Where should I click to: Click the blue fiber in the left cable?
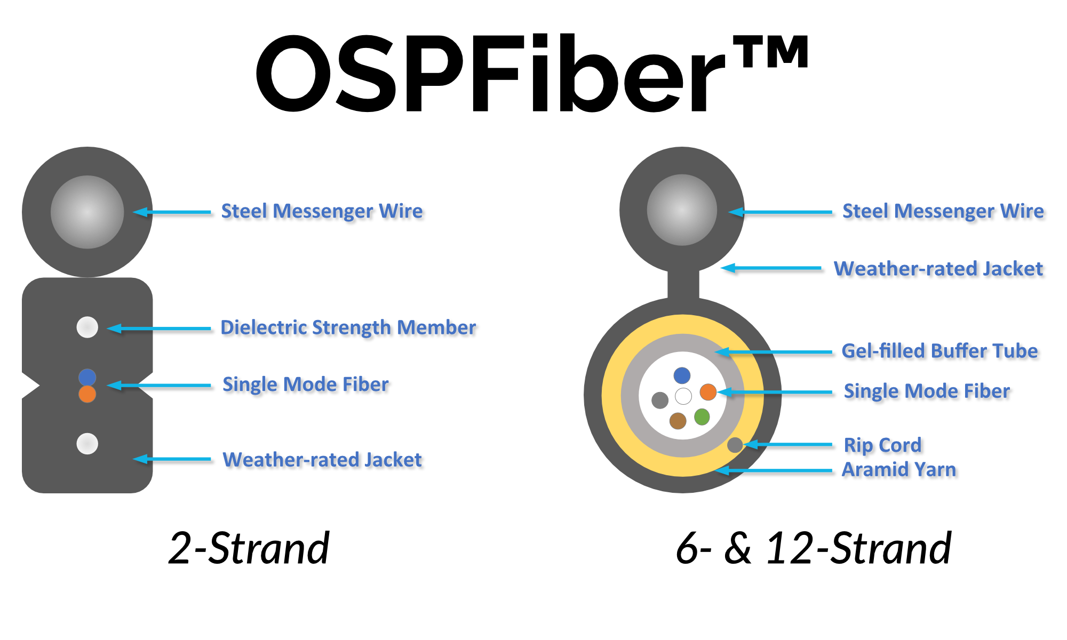(87, 377)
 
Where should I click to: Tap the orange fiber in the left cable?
(87, 394)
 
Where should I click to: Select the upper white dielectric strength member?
(87, 327)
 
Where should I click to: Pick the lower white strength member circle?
(87, 443)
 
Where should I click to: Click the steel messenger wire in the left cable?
(87, 212)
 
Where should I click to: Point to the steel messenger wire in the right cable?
(682, 210)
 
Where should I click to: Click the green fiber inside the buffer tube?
(702, 417)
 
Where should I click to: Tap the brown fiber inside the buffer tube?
(678, 421)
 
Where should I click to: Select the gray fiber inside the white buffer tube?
(660, 400)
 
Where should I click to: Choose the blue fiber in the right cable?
(682, 375)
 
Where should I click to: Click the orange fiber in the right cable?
(708, 392)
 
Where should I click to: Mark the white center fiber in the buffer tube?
(683, 396)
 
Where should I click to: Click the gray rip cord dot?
(735, 445)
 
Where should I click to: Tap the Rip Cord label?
(882, 445)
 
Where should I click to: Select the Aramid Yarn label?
(898, 469)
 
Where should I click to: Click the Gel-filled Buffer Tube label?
(939, 351)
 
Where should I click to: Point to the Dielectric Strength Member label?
(348, 327)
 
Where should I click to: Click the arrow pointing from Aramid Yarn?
(774, 470)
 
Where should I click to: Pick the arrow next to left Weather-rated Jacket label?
(172, 459)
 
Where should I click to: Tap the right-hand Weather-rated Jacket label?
(938, 268)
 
